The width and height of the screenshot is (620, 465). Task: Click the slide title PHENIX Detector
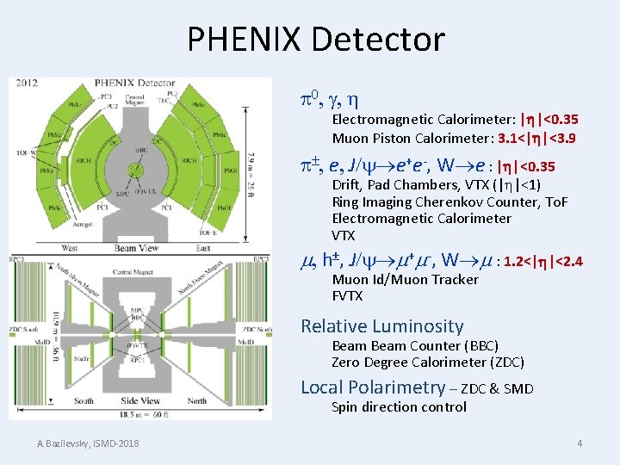coord(315,40)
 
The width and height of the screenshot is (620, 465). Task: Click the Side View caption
coord(141,400)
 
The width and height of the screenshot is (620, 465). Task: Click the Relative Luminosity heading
coord(381,326)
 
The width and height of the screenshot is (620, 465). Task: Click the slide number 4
coord(580,443)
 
